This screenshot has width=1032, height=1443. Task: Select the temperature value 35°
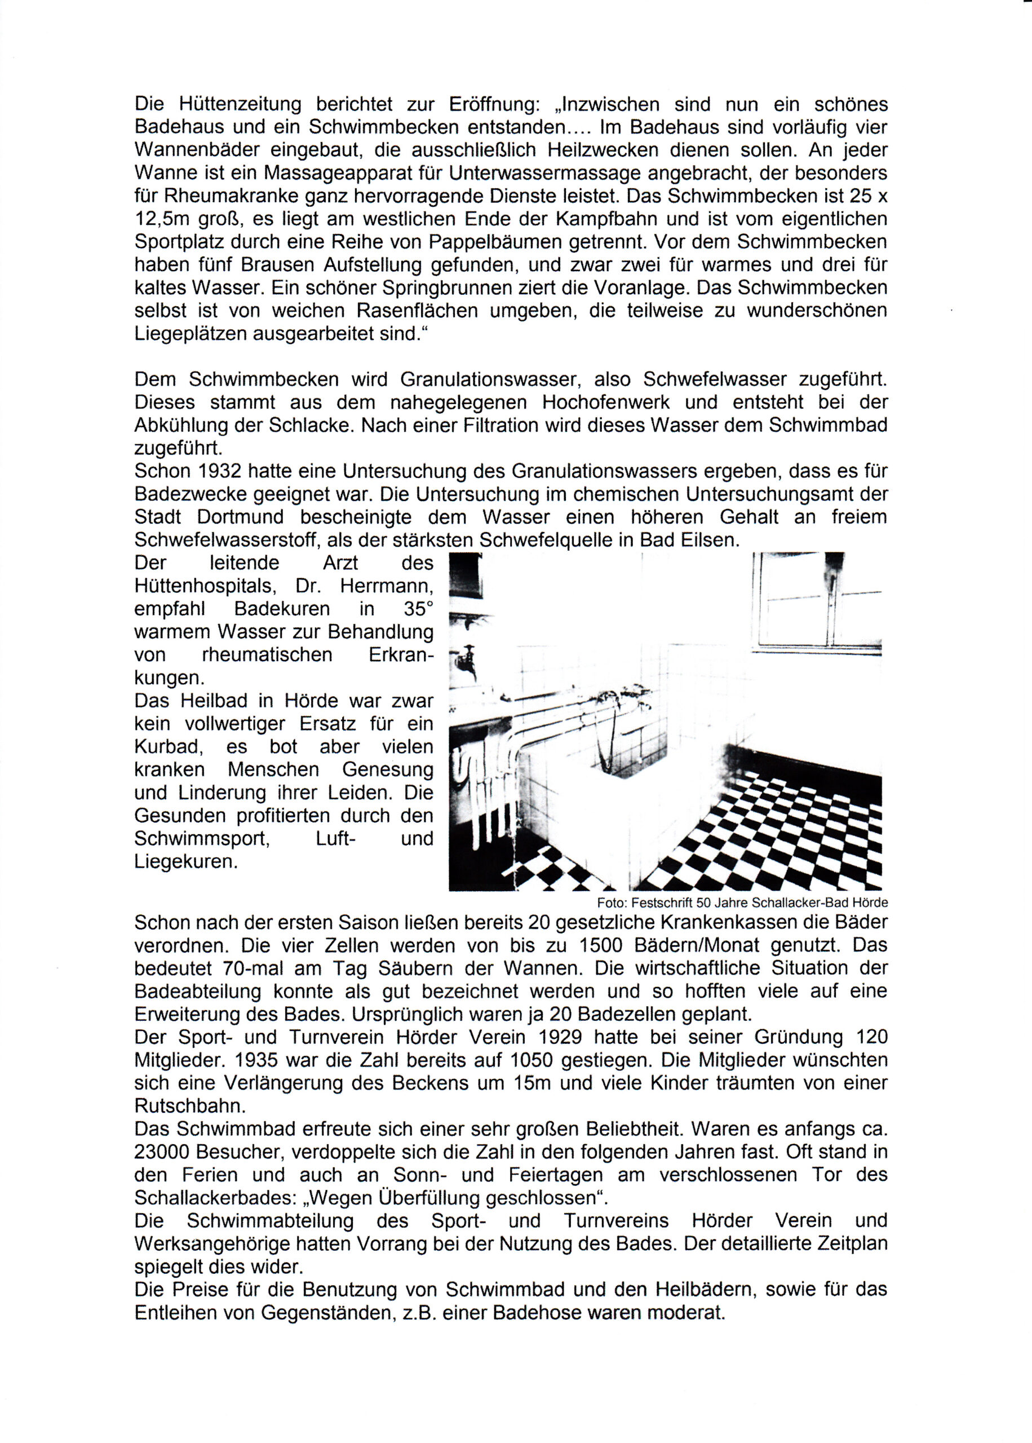click(418, 608)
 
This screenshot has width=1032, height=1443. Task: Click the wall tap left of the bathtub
click(467, 661)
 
